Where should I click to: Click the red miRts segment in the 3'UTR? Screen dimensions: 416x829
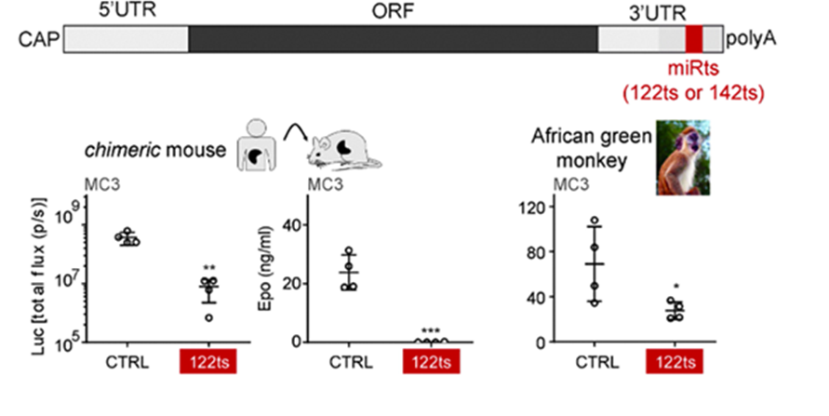[x=694, y=39]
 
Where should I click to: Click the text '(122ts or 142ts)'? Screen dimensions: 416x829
[x=692, y=91]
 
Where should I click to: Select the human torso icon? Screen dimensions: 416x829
[x=253, y=144]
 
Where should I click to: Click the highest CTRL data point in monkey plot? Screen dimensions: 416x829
[x=593, y=221]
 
